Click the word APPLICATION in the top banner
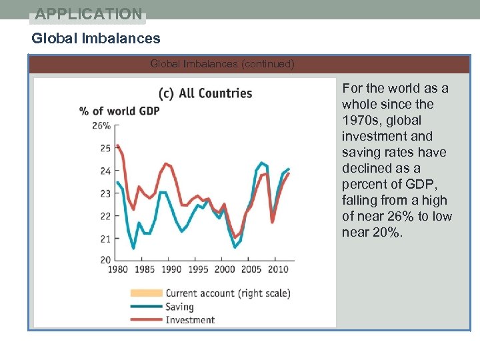point(89,13)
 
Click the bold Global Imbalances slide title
point(96,39)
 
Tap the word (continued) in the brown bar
point(267,64)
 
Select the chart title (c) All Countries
point(205,93)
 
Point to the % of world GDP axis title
point(119,111)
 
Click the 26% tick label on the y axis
point(101,125)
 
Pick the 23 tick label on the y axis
point(105,193)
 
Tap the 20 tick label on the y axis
point(105,260)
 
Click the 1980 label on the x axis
point(117,269)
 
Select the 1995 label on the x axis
point(197,269)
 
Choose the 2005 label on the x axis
point(251,269)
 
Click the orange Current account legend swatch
point(145,293)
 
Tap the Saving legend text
point(179,307)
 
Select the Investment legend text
point(190,320)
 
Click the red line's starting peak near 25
point(117,145)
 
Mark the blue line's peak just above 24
point(261,163)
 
